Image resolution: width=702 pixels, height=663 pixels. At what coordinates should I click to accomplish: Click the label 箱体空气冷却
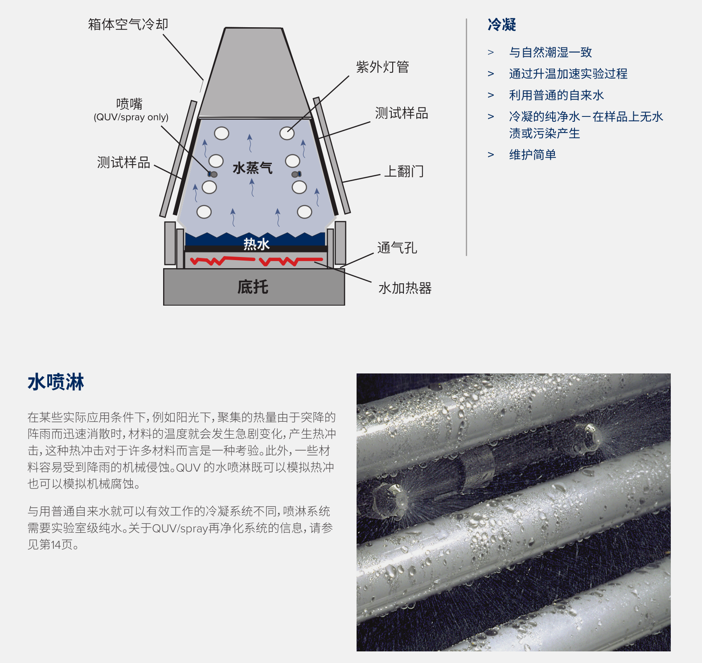tap(128, 24)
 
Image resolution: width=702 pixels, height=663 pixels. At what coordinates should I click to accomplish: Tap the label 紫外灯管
tap(382, 67)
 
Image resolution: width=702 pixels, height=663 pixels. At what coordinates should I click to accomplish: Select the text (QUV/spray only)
tap(131, 117)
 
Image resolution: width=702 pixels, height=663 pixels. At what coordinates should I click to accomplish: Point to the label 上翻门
tap(404, 171)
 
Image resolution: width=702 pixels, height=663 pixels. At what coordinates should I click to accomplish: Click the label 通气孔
tap(397, 248)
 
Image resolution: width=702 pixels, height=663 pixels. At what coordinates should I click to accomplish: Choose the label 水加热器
tap(405, 288)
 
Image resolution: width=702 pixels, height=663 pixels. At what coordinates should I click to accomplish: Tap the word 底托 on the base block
tap(253, 287)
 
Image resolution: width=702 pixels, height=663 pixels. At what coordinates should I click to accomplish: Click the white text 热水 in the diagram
tap(256, 244)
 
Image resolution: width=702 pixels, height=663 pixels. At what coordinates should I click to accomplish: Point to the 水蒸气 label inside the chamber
tap(252, 168)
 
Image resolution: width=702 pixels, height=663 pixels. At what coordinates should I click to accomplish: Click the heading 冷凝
tap(502, 25)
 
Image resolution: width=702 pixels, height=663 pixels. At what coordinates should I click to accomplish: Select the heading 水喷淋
tap(56, 382)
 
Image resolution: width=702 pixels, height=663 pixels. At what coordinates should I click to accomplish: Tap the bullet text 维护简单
tap(533, 155)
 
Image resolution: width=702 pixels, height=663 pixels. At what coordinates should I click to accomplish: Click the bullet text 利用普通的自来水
tap(557, 95)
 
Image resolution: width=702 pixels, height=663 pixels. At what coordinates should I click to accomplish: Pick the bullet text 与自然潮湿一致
tap(550, 52)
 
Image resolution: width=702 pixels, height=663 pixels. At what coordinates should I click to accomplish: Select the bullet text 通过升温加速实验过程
tap(568, 74)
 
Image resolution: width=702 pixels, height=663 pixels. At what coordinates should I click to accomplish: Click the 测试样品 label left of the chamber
tap(123, 162)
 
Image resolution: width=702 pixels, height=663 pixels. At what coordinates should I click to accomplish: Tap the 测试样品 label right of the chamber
tap(402, 113)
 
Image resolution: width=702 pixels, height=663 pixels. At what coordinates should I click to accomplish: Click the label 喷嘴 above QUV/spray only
tap(129, 104)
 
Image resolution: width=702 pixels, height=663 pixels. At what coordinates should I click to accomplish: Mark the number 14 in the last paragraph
tap(56, 545)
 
